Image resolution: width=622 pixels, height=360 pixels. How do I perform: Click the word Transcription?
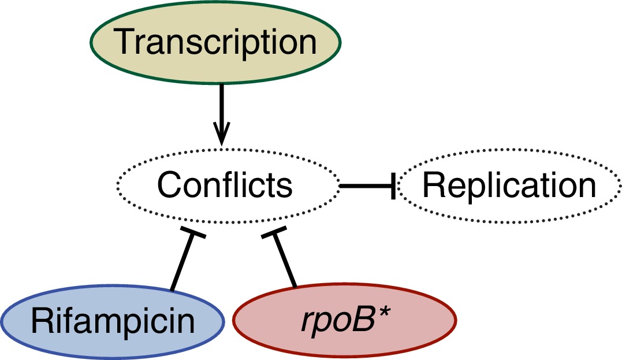(x=215, y=43)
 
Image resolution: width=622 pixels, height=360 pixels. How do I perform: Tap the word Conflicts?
(x=225, y=185)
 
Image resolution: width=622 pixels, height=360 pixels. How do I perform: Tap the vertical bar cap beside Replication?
(x=393, y=185)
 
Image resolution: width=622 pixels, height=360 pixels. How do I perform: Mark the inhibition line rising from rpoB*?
(x=285, y=260)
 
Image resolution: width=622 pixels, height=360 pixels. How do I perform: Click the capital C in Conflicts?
(x=169, y=185)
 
